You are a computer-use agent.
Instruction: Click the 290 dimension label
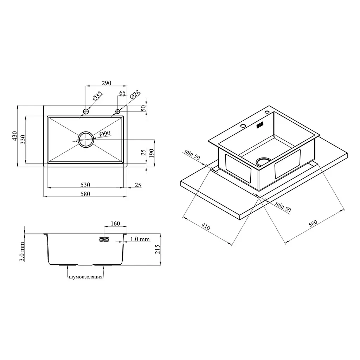tap(107, 83)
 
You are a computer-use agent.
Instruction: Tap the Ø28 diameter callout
tap(135, 94)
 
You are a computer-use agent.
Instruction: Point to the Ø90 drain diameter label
tap(105, 134)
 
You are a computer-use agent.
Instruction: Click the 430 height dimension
tap(14, 136)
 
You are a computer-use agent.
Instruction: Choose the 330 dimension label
tap(23, 140)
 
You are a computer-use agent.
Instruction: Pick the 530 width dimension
tap(85, 185)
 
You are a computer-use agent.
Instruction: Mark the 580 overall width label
tap(85, 194)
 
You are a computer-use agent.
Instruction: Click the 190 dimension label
tap(151, 153)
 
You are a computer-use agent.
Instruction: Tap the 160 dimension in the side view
tap(115, 223)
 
